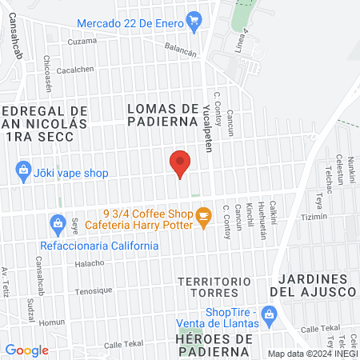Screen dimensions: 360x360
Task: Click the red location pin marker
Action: (181, 164)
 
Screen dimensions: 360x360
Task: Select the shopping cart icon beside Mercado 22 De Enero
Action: (193, 18)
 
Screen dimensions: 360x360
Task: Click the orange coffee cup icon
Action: (203, 214)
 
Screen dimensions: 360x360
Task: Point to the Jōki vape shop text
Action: (72, 171)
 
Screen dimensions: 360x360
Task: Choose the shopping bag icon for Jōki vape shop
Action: (24, 170)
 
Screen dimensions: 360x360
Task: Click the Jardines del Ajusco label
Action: (316, 285)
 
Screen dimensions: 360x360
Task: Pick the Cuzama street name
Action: (82, 40)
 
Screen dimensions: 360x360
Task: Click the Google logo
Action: (26, 350)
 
